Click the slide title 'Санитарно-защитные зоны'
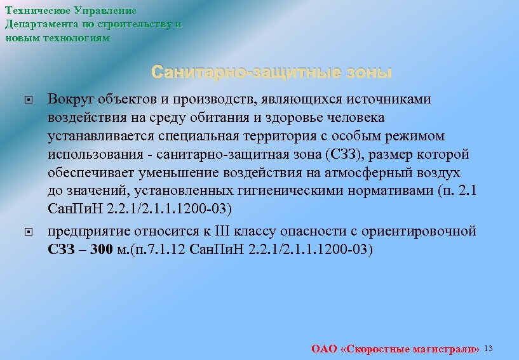271,72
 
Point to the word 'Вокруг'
70,100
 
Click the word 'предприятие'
87,230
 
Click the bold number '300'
102,249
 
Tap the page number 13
489,349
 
